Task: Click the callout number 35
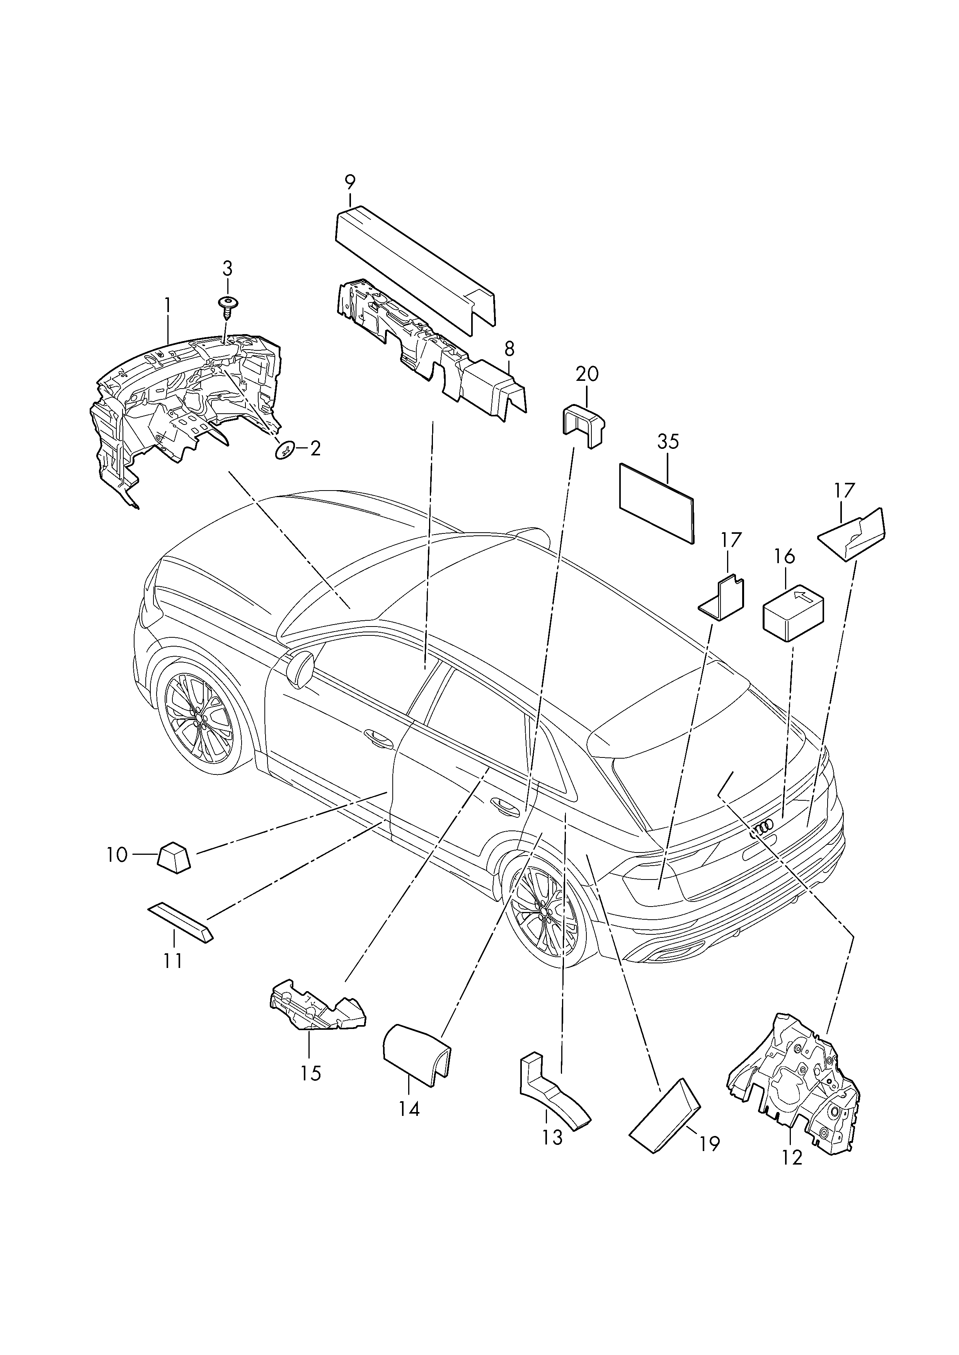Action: pyautogui.click(x=668, y=442)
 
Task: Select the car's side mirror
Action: pyautogui.click(x=302, y=668)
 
